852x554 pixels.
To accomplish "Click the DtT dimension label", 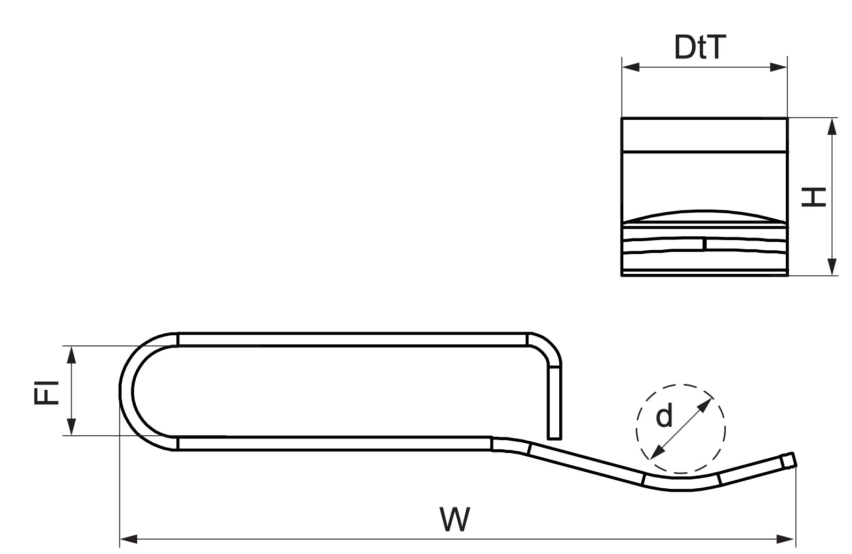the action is click(x=700, y=47).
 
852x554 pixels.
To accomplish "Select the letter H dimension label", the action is click(x=814, y=197).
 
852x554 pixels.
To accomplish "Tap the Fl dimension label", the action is click(x=46, y=392).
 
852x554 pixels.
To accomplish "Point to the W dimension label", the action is click(x=455, y=519).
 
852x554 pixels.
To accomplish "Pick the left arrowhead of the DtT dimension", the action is click(x=631, y=67).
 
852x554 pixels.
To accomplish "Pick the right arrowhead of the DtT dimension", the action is click(x=779, y=67).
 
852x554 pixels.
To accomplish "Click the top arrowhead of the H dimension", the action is click(x=832, y=126).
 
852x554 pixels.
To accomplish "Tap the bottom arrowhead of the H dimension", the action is click(x=832, y=266).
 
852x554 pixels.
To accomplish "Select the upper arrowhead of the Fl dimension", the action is click(x=71, y=355).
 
